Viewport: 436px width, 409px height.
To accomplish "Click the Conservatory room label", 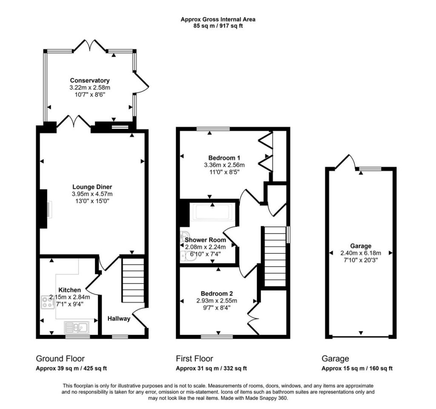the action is click(x=89, y=81).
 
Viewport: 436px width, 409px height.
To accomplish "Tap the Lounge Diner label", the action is click(x=92, y=187).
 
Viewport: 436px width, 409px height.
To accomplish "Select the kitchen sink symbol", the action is click(x=77, y=328).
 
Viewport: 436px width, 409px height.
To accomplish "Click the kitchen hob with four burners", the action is click(x=48, y=302).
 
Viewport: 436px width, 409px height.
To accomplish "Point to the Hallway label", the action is click(x=119, y=319).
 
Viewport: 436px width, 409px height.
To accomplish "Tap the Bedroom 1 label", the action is click(x=224, y=158).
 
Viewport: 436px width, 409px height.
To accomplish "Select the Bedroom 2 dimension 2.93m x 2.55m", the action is click(x=217, y=301).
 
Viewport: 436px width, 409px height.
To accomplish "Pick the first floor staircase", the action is click(x=275, y=256).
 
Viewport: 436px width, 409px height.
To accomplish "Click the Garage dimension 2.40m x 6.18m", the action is click(x=361, y=253).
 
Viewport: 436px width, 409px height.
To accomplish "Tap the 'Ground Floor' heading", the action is click(x=60, y=359).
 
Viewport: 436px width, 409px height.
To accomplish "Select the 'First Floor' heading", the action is click(x=194, y=359).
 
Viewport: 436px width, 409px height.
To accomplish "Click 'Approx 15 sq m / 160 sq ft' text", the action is click(x=357, y=368).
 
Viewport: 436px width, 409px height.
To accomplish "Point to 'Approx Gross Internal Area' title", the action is click(x=218, y=20).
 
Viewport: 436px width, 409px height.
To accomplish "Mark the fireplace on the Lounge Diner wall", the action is click(x=44, y=209).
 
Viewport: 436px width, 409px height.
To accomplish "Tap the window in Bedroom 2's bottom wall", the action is click(x=217, y=336).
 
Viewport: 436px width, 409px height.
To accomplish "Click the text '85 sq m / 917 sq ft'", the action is click(x=218, y=26).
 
